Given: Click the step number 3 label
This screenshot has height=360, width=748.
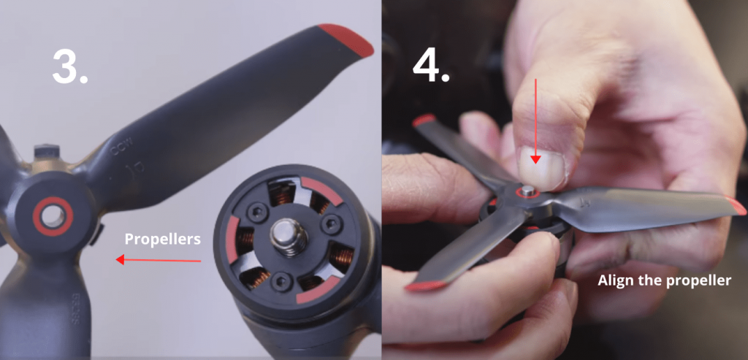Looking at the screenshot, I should click(70, 66).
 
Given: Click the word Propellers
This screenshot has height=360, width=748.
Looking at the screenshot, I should click(162, 239).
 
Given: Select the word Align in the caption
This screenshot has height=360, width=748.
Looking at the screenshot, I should click(617, 280).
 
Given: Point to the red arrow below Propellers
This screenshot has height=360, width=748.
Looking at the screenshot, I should click(158, 259).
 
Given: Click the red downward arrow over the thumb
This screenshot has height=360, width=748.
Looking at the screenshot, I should click(537, 120).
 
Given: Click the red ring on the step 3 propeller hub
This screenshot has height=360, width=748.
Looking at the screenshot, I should click(52, 215).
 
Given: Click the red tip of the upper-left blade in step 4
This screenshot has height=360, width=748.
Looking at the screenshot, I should click(424, 120).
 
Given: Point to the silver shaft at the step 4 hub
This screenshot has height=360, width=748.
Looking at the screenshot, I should click(527, 191).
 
